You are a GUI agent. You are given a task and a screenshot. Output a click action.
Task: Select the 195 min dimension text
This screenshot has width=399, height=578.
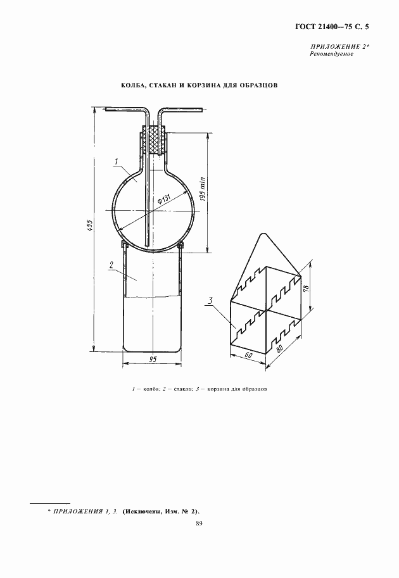coord(203,189)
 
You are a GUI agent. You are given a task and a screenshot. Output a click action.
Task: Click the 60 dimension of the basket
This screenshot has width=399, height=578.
coord(249,355)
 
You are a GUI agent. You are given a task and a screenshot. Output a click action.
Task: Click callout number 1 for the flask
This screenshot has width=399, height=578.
coord(116,161)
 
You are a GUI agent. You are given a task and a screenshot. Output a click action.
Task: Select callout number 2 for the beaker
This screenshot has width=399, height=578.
coord(111,264)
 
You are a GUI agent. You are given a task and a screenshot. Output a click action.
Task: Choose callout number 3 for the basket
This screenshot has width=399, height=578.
coord(210,301)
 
